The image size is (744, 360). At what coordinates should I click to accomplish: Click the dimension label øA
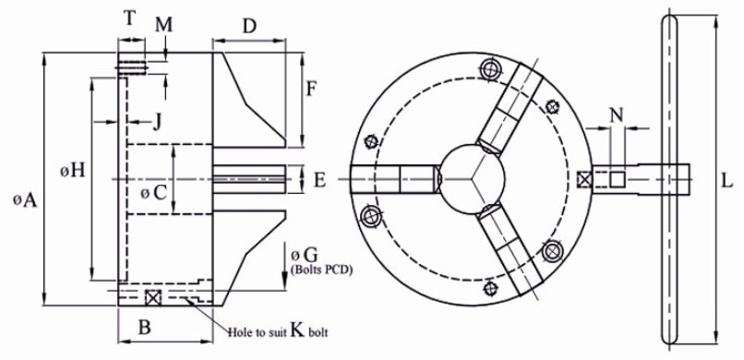25,200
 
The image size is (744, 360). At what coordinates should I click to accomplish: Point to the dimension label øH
73,170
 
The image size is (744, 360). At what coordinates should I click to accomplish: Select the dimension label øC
155,193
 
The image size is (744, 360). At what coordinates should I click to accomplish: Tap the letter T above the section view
129,19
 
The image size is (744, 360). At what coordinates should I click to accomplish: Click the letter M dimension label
164,25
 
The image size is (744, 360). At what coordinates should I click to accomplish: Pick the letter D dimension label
249,27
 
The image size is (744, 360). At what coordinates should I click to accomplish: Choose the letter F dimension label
310,89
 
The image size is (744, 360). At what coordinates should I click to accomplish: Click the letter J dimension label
157,124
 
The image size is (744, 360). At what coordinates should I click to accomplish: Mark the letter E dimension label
320,180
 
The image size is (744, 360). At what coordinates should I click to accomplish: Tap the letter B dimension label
144,328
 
